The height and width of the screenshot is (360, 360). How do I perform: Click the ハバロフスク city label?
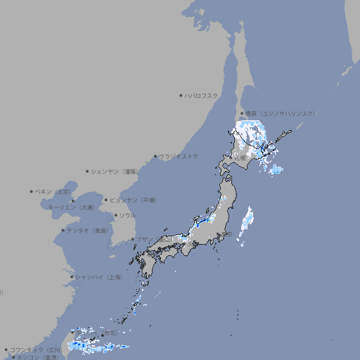pos(202,95)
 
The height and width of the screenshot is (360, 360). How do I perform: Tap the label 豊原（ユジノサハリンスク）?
pos(280,113)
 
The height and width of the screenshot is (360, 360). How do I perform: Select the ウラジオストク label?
pos(179,156)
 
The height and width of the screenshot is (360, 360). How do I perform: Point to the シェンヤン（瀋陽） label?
pos(115,171)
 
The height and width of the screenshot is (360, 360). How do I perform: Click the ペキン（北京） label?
pos(53,191)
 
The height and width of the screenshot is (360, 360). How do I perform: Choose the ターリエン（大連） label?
pos(70,207)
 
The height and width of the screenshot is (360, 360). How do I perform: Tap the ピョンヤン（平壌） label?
pos(132,200)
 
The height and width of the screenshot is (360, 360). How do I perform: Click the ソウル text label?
pos(127,215)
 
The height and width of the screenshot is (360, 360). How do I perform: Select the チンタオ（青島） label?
pos(87,230)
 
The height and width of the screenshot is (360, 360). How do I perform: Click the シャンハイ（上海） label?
pos(98,277)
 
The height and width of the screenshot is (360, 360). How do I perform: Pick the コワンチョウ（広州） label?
pos(35,349)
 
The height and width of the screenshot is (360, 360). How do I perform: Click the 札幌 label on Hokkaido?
pos(240,157)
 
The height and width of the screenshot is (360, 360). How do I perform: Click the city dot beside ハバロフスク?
pos(181,95)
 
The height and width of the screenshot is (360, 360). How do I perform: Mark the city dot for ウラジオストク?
pos(155,156)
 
